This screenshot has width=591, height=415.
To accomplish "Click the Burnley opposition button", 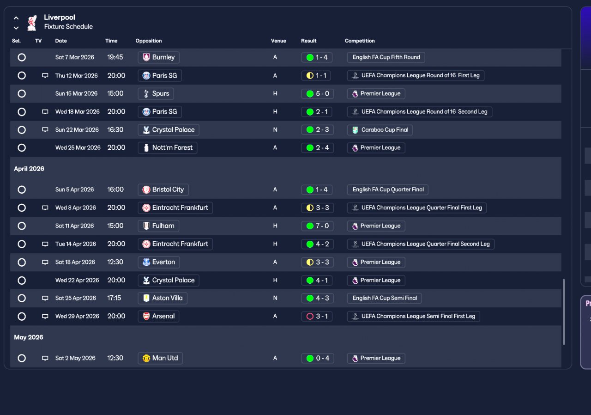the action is tap(158, 57).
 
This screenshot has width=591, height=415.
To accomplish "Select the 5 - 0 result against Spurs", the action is tap(317, 94).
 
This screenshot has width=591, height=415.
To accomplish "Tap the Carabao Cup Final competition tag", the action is tap(380, 130).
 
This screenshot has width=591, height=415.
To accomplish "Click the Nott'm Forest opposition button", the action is tap(168, 147).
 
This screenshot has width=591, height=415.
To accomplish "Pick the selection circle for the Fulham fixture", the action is tap(22, 226).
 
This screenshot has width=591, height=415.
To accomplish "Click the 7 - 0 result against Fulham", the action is tap(317, 226).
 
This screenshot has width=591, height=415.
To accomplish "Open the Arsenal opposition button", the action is tap(158, 316).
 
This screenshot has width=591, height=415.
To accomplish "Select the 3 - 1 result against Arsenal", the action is tap(317, 316).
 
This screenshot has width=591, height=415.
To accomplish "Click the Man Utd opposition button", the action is tap(160, 358).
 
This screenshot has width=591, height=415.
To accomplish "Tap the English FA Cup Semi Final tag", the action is tap(385, 298).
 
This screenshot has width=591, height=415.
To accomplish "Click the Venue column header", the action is tap(278, 41).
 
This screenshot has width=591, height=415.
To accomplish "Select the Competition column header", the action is tap(360, 41).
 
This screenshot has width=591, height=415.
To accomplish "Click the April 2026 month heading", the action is tap(29, 169).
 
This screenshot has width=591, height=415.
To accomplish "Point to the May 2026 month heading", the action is tap(29, 337).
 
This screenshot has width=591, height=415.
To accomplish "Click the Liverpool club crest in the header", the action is tap(32, 23).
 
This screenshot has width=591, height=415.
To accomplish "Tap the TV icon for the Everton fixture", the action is tap(45, 262).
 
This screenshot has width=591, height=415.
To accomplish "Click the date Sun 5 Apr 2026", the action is tap(74, 189).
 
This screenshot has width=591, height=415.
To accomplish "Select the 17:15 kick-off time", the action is tap(114, 298).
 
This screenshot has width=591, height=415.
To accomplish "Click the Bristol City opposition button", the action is tap(163, 189).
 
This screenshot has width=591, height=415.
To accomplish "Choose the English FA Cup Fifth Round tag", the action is tap(386, 57).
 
